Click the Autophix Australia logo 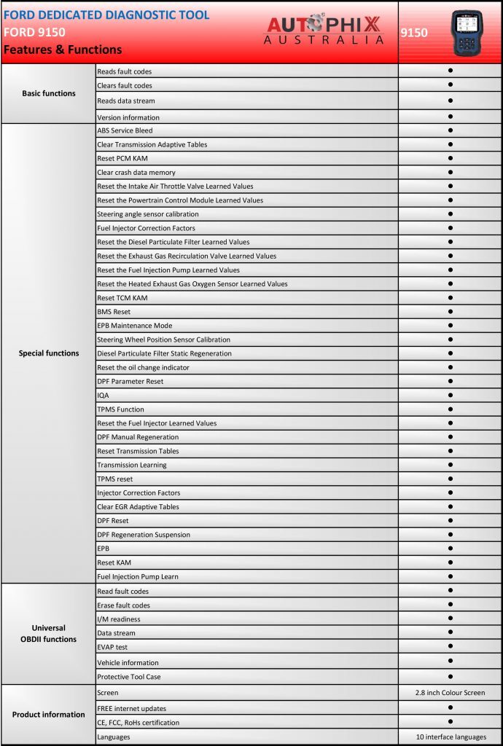click(x=324, y=31)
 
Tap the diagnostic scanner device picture click(x=468, y=31)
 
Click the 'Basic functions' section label click(x=49, y=93)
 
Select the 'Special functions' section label click(x=49, y=353)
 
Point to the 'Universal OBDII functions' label click(x=49, y=633)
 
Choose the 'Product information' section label click(x=49, y=715)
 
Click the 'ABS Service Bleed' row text click(x=125, y=130)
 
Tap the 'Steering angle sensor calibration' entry click(x=147, y=214)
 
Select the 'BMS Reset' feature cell click(x=114, y=312)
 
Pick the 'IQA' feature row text click(x=103, y=396)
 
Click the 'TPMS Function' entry click(x=120, y=409)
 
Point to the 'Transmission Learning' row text click(x=131, y=465)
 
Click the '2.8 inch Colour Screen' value click(x=451, y=692)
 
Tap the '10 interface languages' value click(x=451, y=737)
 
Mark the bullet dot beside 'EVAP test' click(x=451, y=646)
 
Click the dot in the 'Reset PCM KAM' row click(x=451, y=158)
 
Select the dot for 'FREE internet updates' click(x=451, y=707)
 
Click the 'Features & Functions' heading click(x=63, y=50)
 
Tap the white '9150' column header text click(x=415, y=32)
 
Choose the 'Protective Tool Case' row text click(x=129, y=677)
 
